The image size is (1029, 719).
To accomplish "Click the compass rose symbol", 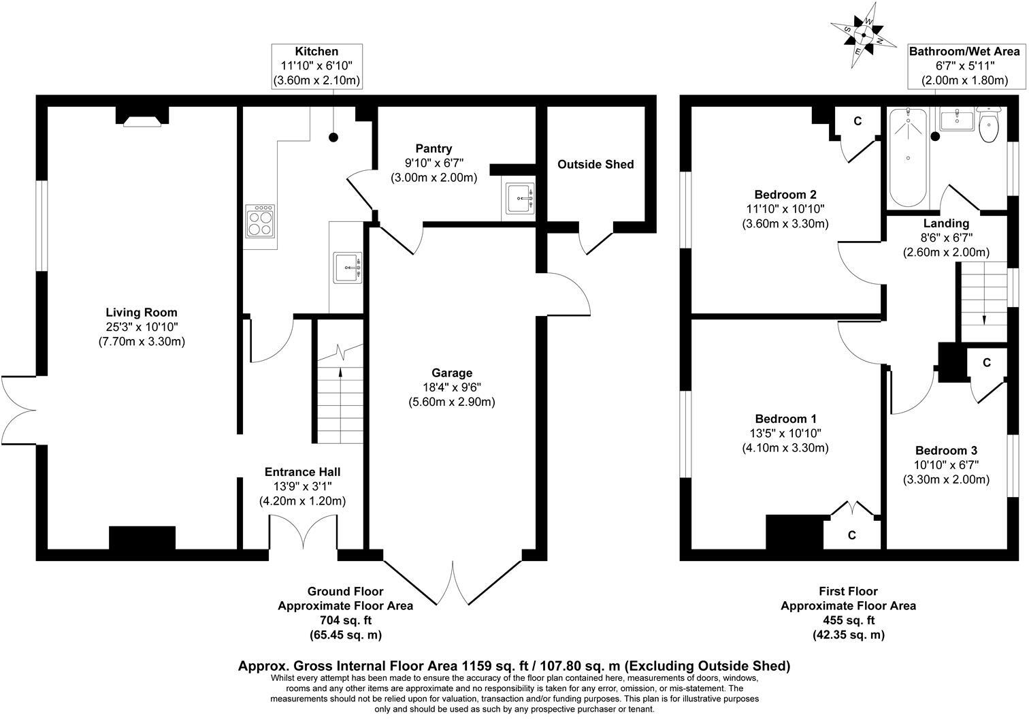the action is pyautogui.click(x=863, y=34).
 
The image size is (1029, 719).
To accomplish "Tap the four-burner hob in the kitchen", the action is pyautogui.click(x=260, y=221).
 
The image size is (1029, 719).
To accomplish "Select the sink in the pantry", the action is pyautogui.click(x=521, y=197).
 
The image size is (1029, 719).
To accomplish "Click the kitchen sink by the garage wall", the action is pyautogui.click(x=347, y=267).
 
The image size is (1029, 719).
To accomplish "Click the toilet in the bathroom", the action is pyautogui.click(x=987, y=125).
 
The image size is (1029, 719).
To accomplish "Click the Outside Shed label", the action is pyautogui.click(x=595, y=164).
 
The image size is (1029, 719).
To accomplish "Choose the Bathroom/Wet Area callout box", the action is pyautogui.click(x=964, y=66).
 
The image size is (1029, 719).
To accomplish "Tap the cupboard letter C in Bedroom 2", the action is pyautogui.click(x=857, y=121).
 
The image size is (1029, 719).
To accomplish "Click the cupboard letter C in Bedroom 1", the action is pyautogui.click(x=852, y=535).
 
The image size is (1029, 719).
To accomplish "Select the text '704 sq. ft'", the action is pyautogui.click(x=345, y=620).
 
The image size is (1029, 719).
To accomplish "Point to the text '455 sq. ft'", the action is pyautogui.click(x=848, y=620).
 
